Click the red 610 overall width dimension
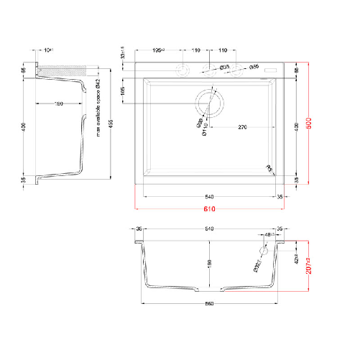(x=208, y=209)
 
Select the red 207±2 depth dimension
(x=310, y=267)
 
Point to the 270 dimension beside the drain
(x=243, y=127)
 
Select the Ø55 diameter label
(x=254, y=67)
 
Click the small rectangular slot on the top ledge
(x=273, y=69)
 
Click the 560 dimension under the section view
(x=208, y=305)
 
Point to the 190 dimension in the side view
(x=59, y=104)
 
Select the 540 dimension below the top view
(x=208, y=195)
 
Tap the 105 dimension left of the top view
(x=123, y=91)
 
